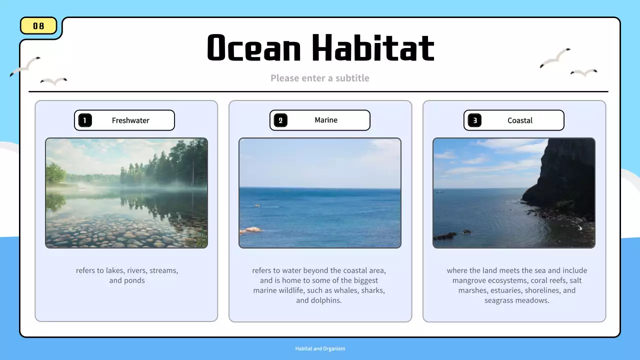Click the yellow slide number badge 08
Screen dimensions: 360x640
pos(38,26)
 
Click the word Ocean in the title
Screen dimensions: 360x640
pos(254,48)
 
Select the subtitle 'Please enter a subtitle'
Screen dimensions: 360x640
pos(320,78)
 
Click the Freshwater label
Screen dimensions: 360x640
pos(130,120)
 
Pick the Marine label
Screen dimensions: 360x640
pos(326,120)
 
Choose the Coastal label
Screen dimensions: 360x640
pos(520,120)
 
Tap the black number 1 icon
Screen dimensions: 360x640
pos(85,120)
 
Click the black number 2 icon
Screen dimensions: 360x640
pos(280,120)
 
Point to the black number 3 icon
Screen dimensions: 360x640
pos(474,120)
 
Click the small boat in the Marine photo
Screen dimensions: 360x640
pos(257,205)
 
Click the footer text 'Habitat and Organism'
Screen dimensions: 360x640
pos(320,348)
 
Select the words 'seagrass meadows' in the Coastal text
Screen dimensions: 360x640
pos(516,300)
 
